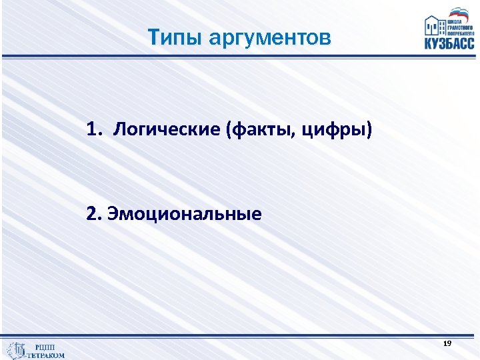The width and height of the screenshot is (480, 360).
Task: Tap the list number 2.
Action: tap(92, 215)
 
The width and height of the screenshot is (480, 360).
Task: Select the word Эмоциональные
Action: tap(184, 215)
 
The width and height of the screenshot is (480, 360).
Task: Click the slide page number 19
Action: tap(447, 343)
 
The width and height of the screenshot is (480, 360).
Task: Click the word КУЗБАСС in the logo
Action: tap(449, 43)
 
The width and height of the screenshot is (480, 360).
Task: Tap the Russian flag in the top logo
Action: tap(459, 12)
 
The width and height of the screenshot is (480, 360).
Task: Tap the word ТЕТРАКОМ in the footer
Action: tap(46, 355)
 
